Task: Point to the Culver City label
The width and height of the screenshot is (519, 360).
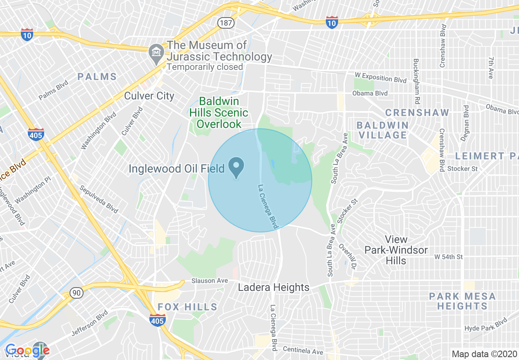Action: point(149,96)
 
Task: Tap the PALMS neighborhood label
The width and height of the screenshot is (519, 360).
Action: point(97,76)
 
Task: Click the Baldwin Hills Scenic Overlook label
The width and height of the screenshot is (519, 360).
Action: point(219,112)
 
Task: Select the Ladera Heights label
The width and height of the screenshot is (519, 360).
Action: point(273,287)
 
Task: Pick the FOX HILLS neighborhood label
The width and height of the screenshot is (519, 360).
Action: point(187,307)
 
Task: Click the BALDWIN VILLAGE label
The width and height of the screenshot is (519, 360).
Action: point(382,130)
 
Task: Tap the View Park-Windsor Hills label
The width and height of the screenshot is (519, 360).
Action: point(396,250)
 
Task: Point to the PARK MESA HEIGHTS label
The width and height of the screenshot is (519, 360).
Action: point(462,301)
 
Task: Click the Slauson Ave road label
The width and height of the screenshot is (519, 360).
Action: point(210,281)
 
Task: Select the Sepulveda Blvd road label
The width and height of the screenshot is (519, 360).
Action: point(99,199)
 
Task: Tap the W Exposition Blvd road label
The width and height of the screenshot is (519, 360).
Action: point(381,77)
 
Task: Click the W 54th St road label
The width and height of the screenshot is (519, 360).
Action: point(449,257)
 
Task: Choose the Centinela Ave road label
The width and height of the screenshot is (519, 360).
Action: point(303,351)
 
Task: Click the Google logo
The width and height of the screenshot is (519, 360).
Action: point(27,350)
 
